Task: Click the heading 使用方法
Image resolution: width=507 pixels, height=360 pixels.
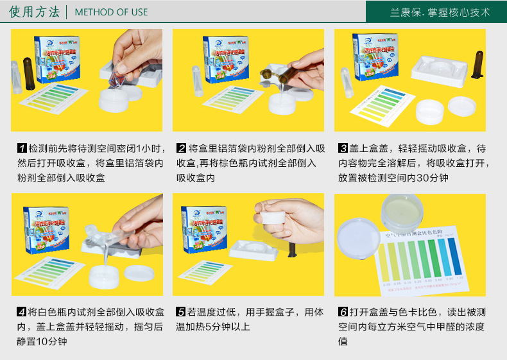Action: coord(35,12)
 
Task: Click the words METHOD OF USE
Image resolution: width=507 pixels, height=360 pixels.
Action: coord(111,12)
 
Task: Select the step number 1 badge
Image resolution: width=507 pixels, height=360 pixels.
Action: coord(22,148)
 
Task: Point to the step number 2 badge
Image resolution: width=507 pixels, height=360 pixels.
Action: coord(182,148)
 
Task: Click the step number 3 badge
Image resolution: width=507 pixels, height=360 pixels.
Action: coord(343,148)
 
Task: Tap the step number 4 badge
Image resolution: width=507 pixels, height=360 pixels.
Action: coord(22,313)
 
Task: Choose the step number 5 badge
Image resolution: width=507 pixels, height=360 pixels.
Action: coord(182,313)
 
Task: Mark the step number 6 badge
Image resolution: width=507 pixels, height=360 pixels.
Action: coord(343,313)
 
